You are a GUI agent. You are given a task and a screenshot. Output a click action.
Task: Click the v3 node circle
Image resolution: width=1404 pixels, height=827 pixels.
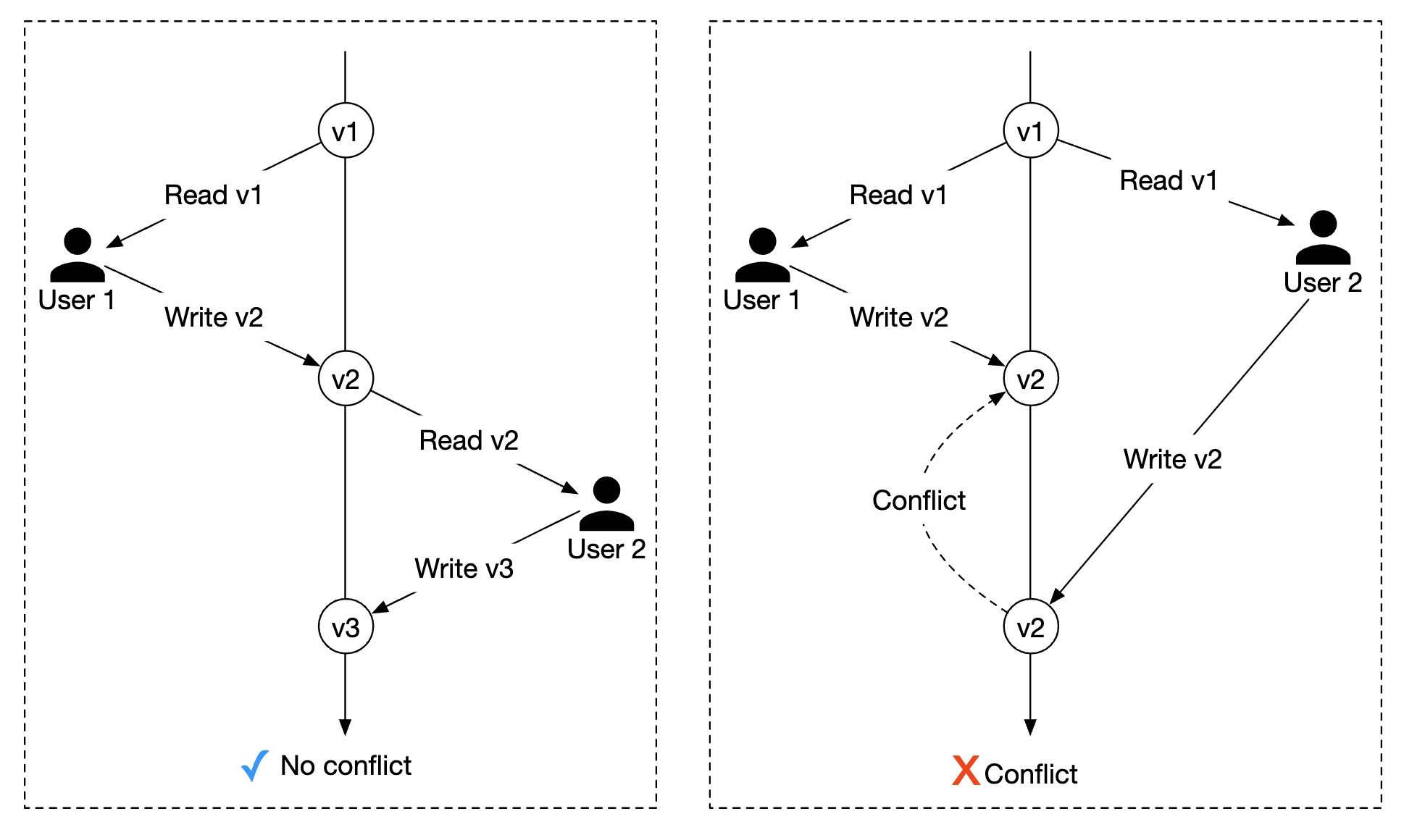click(x=346, y=626)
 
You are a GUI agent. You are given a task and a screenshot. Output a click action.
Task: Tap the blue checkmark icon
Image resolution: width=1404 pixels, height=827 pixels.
click(x=254, y=765)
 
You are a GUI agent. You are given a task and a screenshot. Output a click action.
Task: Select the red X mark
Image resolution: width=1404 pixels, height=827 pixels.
click(x=966, y=771)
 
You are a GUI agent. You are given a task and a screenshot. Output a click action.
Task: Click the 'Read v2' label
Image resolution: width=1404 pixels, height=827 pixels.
click(x=469, y=440)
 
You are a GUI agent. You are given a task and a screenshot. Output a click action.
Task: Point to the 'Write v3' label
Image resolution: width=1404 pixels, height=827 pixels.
click(x=464, y=568)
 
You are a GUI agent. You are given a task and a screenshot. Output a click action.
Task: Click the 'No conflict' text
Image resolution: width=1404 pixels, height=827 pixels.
click(x=346, y=765)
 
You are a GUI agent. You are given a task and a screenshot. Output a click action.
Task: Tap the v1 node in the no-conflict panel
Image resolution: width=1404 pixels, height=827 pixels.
click(x=346, y=131)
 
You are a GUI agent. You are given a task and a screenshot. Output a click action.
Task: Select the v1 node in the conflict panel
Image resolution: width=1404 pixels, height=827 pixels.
click(x=1030, y=131)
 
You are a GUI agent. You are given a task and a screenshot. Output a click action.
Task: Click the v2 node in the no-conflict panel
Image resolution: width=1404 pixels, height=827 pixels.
click(x=346, y=379)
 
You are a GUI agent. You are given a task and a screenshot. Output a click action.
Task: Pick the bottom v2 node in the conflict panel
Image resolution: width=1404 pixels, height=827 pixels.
click(x=1030, y=626)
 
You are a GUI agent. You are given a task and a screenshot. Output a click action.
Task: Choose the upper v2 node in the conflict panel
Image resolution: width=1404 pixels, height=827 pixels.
click(x=1030, y=379)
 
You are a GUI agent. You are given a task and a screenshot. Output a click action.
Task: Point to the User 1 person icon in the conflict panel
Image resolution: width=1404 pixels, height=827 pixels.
click(x=762, y=255)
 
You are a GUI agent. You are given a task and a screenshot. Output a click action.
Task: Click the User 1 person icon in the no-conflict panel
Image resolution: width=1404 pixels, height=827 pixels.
click(x=78, y=255)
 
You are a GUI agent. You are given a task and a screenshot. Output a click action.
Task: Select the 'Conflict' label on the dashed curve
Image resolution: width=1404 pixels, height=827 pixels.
click(x=919, y=500)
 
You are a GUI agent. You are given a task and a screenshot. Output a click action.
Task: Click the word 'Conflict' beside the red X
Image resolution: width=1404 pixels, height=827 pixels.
click(x=1031, y=774)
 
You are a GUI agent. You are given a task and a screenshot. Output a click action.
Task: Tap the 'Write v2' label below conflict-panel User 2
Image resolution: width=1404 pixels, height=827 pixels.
click(x=1172, y=459)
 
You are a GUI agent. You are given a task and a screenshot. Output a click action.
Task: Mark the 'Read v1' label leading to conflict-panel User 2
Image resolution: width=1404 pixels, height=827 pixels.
click(x=1168, y=180)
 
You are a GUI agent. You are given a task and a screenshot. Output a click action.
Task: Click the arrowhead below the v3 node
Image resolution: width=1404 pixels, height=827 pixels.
click(x=346, y=727)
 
